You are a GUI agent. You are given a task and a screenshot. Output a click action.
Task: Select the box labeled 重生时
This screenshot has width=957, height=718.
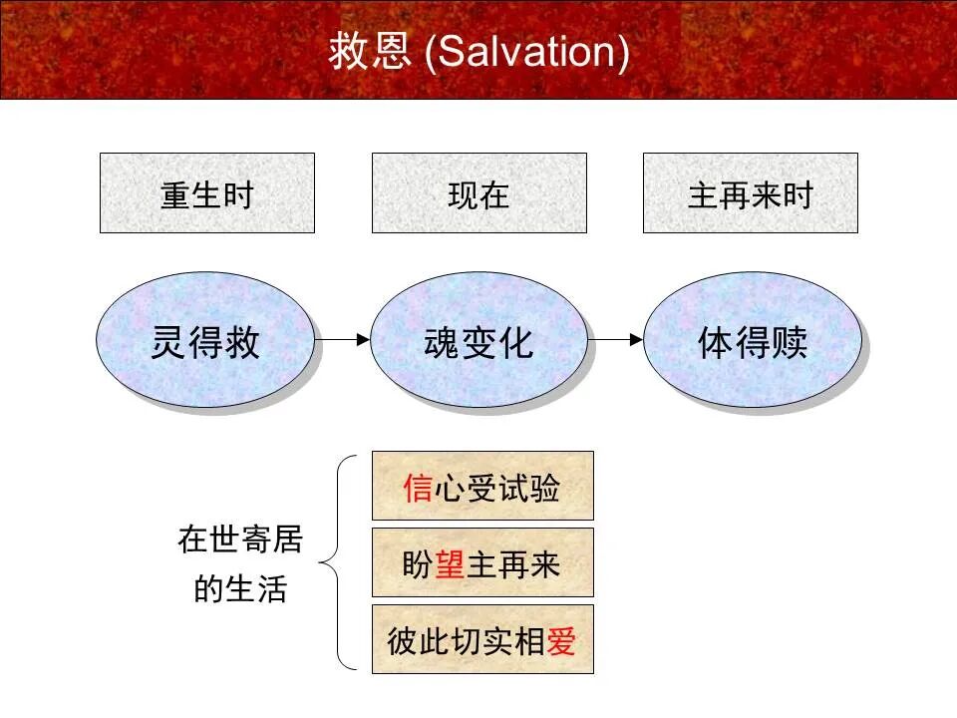[x=207, y=193]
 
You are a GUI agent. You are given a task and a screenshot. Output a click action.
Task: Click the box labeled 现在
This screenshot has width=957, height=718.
[x=479, y=193]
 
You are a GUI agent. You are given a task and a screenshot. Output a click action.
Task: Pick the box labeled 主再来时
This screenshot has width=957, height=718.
[x=750, y=193]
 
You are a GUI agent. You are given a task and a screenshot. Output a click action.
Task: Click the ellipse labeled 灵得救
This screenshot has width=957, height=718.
[x=205, y=341]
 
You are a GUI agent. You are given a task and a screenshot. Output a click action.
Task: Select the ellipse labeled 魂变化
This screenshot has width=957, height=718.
[x=479, y=341]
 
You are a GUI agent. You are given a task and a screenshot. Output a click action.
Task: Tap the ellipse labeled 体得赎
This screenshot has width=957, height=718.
[x=752, y=341]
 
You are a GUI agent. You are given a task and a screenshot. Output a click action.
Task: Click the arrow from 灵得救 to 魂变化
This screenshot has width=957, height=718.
[x=343, y=339]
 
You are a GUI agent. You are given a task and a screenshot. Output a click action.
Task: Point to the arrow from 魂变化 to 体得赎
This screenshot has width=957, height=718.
[x=615, y=339]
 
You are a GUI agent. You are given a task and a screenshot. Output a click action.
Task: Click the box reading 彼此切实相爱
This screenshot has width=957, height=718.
[x=482, y=639]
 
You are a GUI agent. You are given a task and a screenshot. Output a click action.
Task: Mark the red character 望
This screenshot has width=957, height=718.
[x=450, y=565]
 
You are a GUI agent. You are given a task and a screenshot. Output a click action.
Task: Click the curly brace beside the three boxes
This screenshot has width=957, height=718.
[x=338, y=562]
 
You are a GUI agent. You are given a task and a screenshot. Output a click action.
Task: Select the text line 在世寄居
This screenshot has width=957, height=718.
[x=240, y=539]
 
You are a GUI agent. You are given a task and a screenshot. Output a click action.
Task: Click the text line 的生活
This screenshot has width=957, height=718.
[x=240, y=588]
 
